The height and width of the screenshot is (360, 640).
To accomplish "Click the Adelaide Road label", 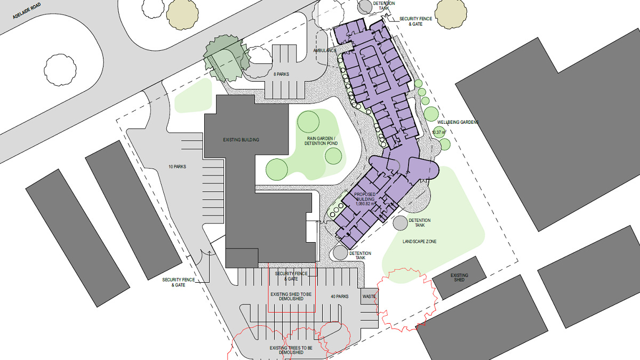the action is pos(27,11).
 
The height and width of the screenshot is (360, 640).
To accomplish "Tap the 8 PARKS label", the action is pos(281,74).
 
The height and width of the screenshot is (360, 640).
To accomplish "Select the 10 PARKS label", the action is pos(177,166).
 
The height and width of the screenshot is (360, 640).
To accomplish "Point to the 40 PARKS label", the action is pos(339,297).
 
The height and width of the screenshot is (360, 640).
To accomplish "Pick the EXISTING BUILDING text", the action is pos(241,140).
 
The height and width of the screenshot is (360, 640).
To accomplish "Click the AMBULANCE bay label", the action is pos(325,51).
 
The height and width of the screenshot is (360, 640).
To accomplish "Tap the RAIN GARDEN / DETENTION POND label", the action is pos(321,141).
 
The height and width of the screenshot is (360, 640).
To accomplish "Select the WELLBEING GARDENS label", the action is pos(458,122).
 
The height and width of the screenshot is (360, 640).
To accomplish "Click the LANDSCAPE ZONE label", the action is pos(419,242).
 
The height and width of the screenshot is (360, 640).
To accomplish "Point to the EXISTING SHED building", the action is pos(459,277).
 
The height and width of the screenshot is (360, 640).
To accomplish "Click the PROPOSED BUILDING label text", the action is pos(365,197).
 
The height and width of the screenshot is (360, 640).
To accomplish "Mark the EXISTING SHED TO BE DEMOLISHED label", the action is pos(291,297).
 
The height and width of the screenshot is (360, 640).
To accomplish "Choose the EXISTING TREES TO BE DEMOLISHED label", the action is pos(291,350).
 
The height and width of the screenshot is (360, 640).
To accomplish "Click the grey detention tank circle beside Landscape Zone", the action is pos(400,223).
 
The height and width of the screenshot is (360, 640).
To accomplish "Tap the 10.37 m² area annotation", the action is pos(439,132).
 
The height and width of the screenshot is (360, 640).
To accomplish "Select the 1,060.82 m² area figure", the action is pos(365,204).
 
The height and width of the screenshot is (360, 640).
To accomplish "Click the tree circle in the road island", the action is pos(60,70).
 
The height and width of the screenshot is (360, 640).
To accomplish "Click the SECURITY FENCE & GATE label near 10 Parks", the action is pos(178,282).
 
